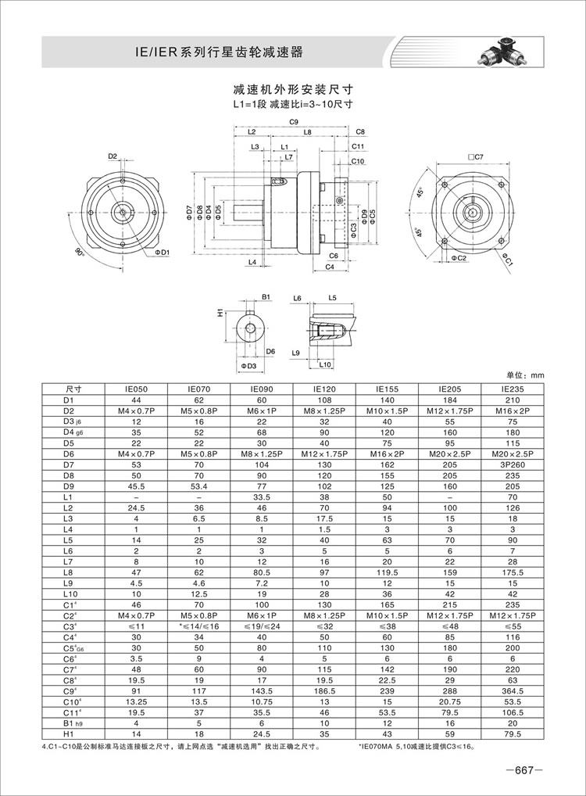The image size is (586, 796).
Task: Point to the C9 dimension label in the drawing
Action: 294,122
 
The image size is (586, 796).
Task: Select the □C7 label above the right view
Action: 475,158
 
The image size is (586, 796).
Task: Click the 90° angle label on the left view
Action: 79,252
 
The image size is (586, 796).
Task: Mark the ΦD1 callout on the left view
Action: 162,252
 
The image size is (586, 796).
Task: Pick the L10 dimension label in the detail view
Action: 326,365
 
